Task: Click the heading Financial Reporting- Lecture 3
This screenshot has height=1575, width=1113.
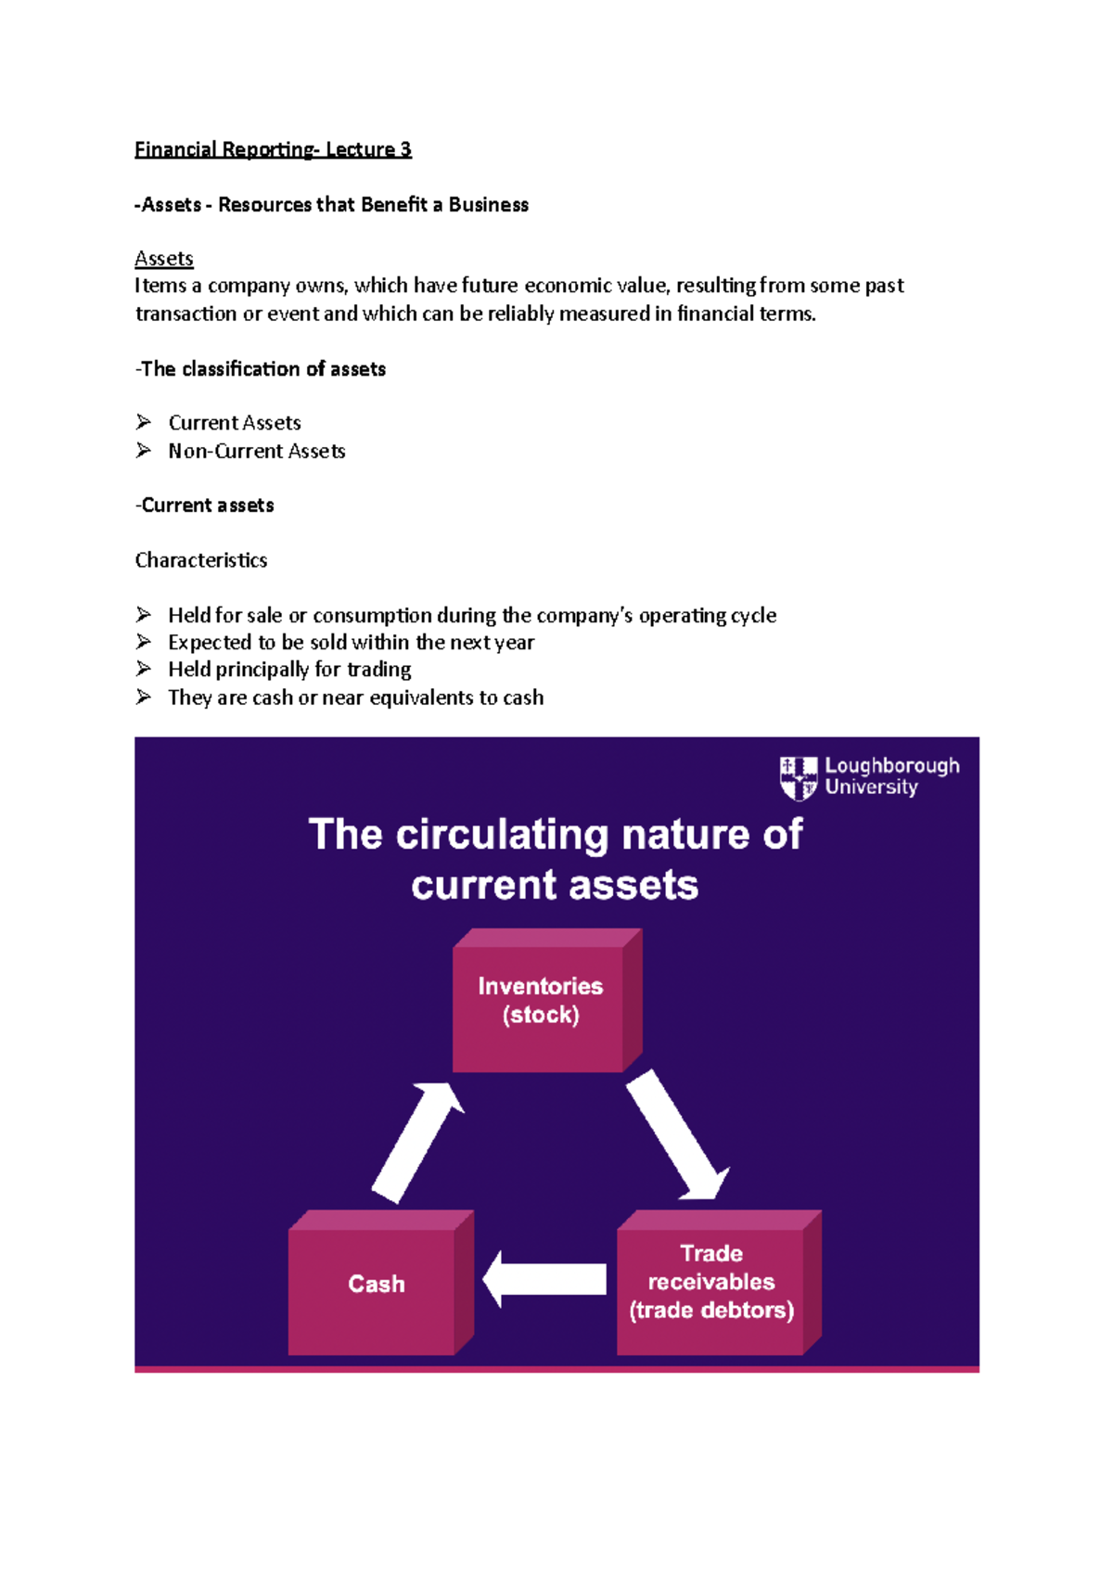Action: point(273,149)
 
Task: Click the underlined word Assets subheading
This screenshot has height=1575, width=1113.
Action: point(164,258)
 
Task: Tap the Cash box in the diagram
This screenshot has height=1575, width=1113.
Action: point(375,1284)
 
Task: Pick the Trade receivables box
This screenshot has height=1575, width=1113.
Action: point(711,1283)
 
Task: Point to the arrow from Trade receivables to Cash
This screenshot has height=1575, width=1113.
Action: point(544,1279)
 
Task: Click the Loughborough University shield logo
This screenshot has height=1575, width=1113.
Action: point(798,777)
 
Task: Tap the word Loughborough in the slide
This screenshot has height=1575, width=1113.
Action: point(892,766)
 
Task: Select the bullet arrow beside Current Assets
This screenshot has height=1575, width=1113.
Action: point(144,422)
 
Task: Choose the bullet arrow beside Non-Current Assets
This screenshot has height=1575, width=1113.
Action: point(144,450)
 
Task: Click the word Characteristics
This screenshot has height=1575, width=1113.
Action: point(201,560)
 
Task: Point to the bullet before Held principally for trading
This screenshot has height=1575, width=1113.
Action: point(144,669)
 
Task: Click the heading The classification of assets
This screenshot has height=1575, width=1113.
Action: point(261,369)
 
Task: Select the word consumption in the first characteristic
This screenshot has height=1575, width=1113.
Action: point(372,615)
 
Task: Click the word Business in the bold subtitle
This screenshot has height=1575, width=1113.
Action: point(489,205)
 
